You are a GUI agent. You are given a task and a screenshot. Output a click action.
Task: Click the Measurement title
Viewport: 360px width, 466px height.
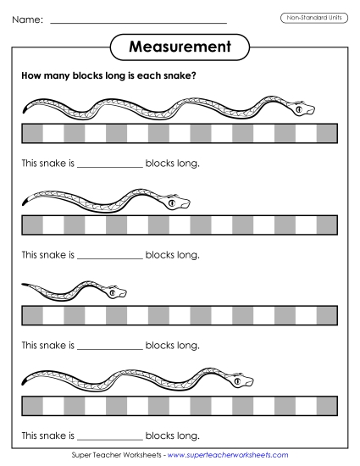(x=180, y=47)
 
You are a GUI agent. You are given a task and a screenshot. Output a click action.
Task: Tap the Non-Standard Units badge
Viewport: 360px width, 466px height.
(x=314, y=18)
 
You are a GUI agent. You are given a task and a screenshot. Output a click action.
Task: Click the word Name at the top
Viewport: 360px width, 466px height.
(x=27, y=19)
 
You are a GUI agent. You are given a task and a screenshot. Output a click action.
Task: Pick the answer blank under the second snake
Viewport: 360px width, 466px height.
(x=110, y=254)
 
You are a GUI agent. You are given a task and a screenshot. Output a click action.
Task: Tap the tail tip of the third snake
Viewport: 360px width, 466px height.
(x=24, y=284)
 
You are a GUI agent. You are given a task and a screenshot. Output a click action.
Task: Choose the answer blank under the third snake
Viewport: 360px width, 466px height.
(x=110, y=346)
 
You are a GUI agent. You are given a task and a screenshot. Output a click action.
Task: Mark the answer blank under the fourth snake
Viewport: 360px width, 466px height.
(x=110, y=436)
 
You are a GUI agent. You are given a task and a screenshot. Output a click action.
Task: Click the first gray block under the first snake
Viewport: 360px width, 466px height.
(x=32, y=134)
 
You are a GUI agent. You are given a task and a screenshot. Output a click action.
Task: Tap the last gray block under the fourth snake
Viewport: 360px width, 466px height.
(x=327, y=405)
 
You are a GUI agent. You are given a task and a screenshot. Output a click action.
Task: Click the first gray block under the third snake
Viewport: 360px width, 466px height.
(x=32, y=315)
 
